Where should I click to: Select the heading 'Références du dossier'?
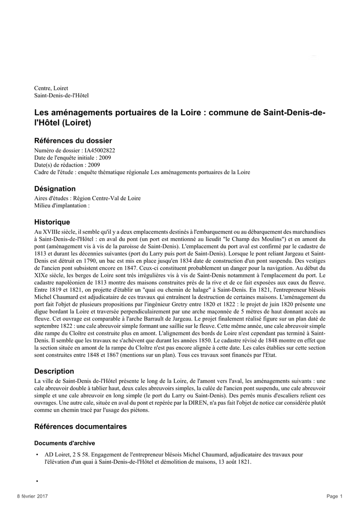click(x=72, y=141)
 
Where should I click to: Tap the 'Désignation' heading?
click(x=55, y=189)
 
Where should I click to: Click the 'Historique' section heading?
click(x=52, y=222)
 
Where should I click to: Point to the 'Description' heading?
click(x=54, y=371)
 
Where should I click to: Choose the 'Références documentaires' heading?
click(x=80, y=427)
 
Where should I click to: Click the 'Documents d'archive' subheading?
click(x=65, y=443)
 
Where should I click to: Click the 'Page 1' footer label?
click(x=335, y=496)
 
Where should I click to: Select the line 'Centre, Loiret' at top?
click(x=51, y=88)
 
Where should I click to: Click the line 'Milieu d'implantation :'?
click(x=62, y=205)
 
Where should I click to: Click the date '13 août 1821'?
click(x=233, y=461)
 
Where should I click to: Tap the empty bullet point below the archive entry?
click(x=37, y=481)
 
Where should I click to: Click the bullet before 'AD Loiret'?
click(x=37, y=454)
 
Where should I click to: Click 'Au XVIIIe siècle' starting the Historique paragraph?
click(x=54, y=232)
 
